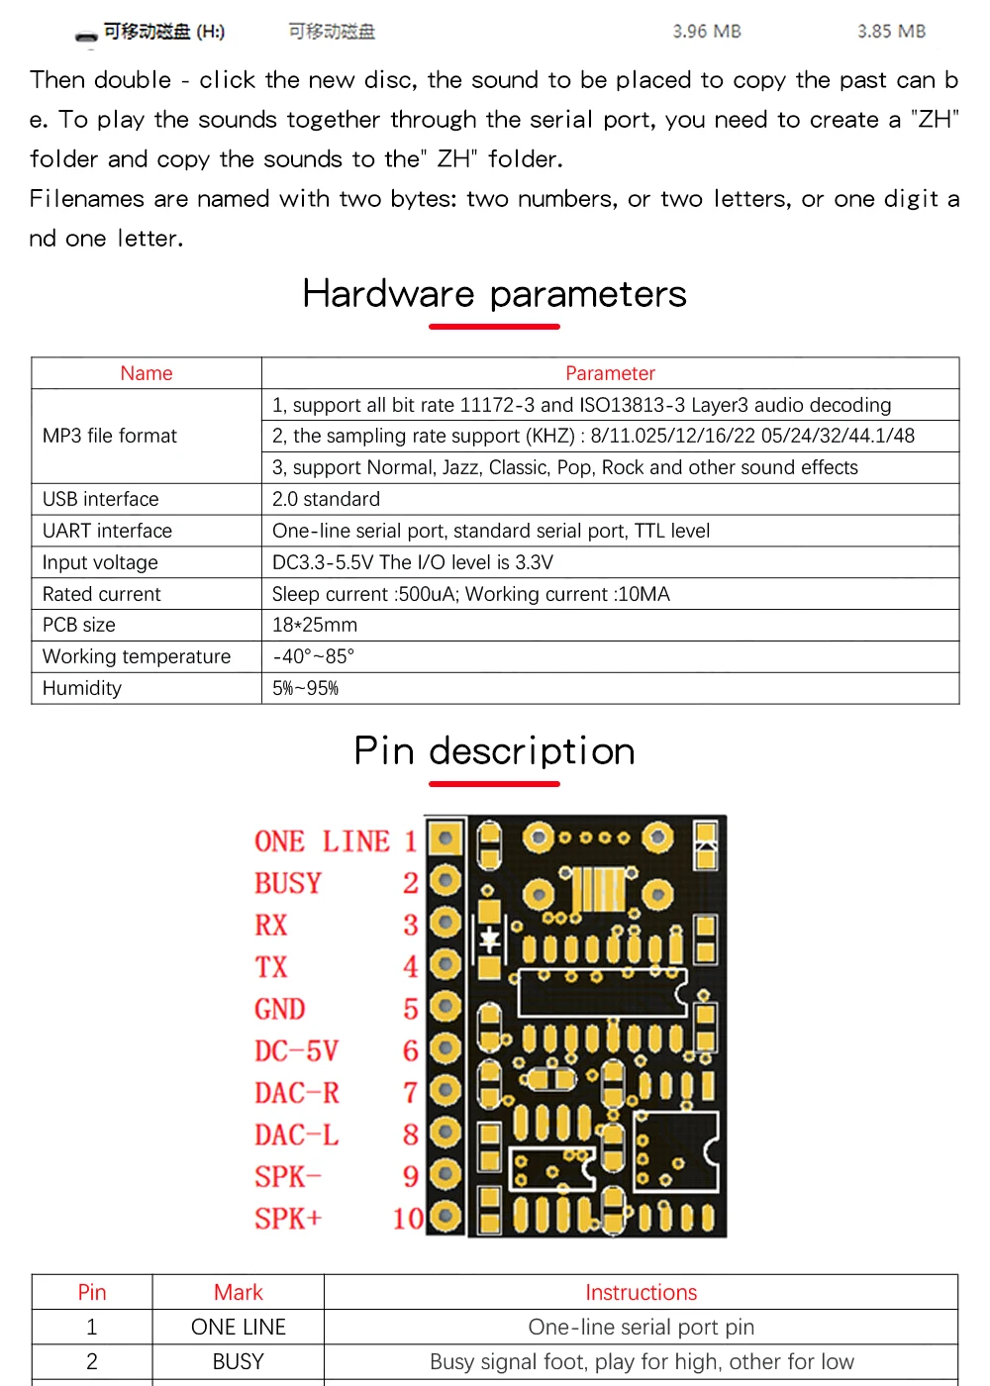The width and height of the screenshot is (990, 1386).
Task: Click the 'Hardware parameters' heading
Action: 494,294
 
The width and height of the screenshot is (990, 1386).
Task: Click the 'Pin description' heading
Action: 494,751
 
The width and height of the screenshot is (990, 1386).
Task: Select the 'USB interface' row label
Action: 100,499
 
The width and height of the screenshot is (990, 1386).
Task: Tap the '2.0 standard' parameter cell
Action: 326,499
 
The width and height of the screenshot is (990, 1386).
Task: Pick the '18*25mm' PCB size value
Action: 315,625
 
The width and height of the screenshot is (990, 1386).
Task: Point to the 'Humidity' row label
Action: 81,688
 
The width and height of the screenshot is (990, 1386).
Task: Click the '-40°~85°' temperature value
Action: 313,656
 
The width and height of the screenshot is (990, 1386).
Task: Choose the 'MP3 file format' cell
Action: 110,436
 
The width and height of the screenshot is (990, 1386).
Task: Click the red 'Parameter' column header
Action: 610,373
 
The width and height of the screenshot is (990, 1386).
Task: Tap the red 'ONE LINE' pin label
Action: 322,841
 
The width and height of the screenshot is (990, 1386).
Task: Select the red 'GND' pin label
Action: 279,1009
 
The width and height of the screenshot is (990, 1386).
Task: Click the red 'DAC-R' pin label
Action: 296,1093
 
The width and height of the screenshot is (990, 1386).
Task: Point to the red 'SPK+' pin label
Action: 288,1219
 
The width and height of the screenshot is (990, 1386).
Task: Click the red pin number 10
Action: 408,1219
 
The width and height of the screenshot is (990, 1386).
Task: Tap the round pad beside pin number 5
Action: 445,1007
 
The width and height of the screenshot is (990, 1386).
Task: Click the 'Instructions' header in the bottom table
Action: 641,1292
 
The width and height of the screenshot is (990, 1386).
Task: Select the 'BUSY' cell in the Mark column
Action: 238,1361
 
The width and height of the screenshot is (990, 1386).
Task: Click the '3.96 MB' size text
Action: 707,32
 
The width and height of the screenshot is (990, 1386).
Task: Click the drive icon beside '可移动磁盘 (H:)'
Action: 87,36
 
